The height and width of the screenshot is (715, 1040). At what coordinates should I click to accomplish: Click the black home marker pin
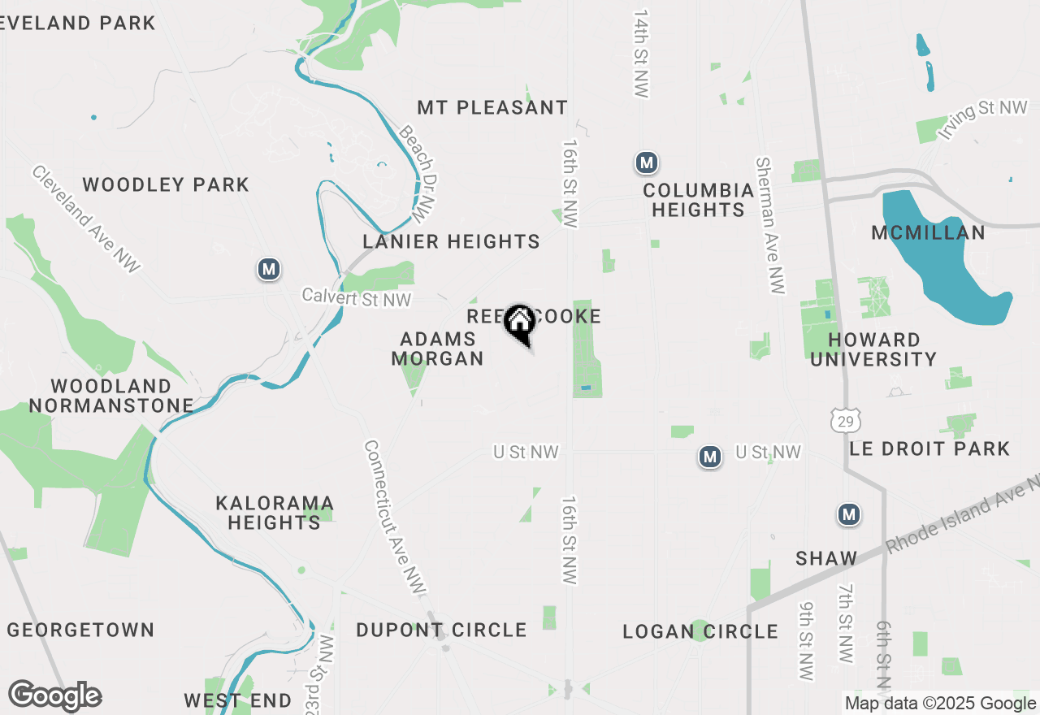point(519,323)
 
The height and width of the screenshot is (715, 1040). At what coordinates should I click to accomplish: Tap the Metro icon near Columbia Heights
point(646,163)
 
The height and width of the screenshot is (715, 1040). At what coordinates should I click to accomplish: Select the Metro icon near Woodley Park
point(269,269)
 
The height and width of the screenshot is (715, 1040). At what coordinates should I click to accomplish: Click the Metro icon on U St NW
point(710,457)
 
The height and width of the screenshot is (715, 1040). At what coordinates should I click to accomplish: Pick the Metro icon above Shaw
point(849,514)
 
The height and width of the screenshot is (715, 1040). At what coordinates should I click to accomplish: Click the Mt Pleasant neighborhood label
point(492,107)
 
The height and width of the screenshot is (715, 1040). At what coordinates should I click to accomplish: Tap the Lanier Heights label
point(451,241)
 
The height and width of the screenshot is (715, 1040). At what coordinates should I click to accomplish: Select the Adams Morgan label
point(438,349)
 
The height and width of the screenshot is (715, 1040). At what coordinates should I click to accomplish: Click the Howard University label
point(873,349)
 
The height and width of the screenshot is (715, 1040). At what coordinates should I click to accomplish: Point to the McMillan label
point(928,233)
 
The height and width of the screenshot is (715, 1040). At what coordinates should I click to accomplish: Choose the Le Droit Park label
point(929,448)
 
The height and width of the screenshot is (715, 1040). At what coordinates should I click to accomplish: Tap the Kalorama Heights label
point(274,513)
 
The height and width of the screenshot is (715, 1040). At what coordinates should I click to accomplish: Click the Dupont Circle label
point(441,630)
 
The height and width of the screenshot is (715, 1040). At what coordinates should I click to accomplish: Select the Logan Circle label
point(700,631)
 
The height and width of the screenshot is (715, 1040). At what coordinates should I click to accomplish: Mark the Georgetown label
point(80,630)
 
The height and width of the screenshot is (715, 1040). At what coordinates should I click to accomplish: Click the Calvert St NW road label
point(357,297)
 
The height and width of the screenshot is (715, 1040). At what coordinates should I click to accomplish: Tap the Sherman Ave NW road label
point(769,225)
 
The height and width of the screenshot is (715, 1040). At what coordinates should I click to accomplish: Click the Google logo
point(54,696)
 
